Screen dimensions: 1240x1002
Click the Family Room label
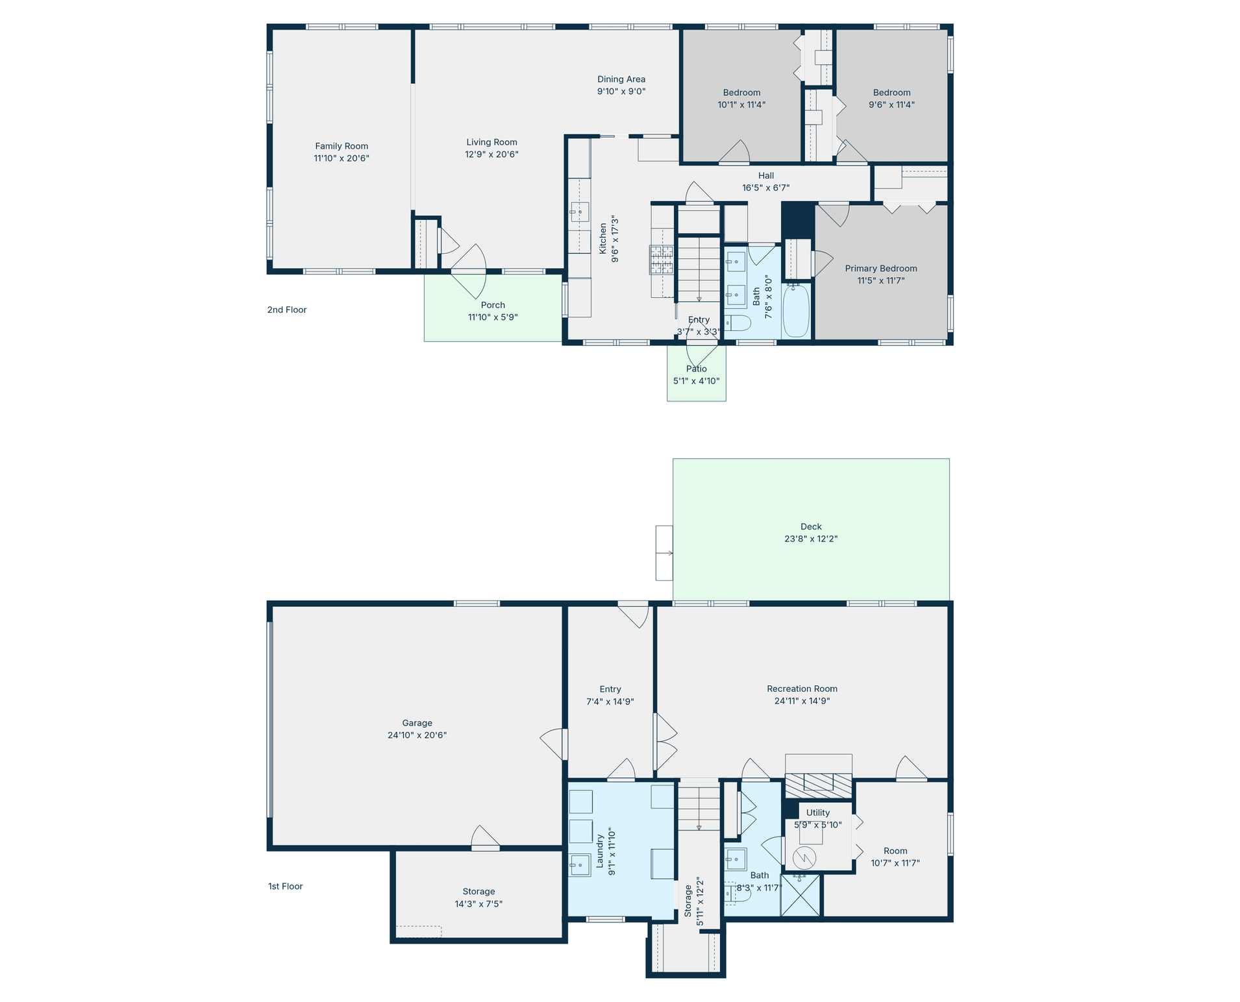click(x=341, y=146)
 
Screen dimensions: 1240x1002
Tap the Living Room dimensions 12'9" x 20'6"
click(x=491, y=154)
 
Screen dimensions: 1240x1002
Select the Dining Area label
click(x=621, y=79)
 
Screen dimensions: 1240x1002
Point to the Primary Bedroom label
click(x=881, y=269)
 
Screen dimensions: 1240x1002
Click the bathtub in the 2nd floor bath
click(x=797, y=310)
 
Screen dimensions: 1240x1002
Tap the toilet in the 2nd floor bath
click(x=738, y=323)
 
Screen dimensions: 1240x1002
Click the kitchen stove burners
click(x=662, y=260)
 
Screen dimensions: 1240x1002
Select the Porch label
click(x=493, y=305)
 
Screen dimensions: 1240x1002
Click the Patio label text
click(x=696, y=369)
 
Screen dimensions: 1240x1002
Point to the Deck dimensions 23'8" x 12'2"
click(x=811, y=539)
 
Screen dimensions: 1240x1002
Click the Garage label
click(x=417, y=723)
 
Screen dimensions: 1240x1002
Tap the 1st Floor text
click(x=286, y=886)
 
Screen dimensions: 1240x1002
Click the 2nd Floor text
click(x=287, y=310)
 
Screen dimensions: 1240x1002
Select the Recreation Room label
click(x=802, y=689)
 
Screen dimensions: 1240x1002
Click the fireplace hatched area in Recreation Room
click(x=819, y=785)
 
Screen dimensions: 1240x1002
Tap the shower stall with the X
click(x=801, y=896)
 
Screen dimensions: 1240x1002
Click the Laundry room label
click(x=600, y=851)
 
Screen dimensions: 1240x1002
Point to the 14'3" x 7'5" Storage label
click(x=478, y=898)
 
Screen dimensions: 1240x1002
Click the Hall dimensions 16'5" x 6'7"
click(x=766, y=188)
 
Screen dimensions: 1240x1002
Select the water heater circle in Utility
click(x=804, y=858)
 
